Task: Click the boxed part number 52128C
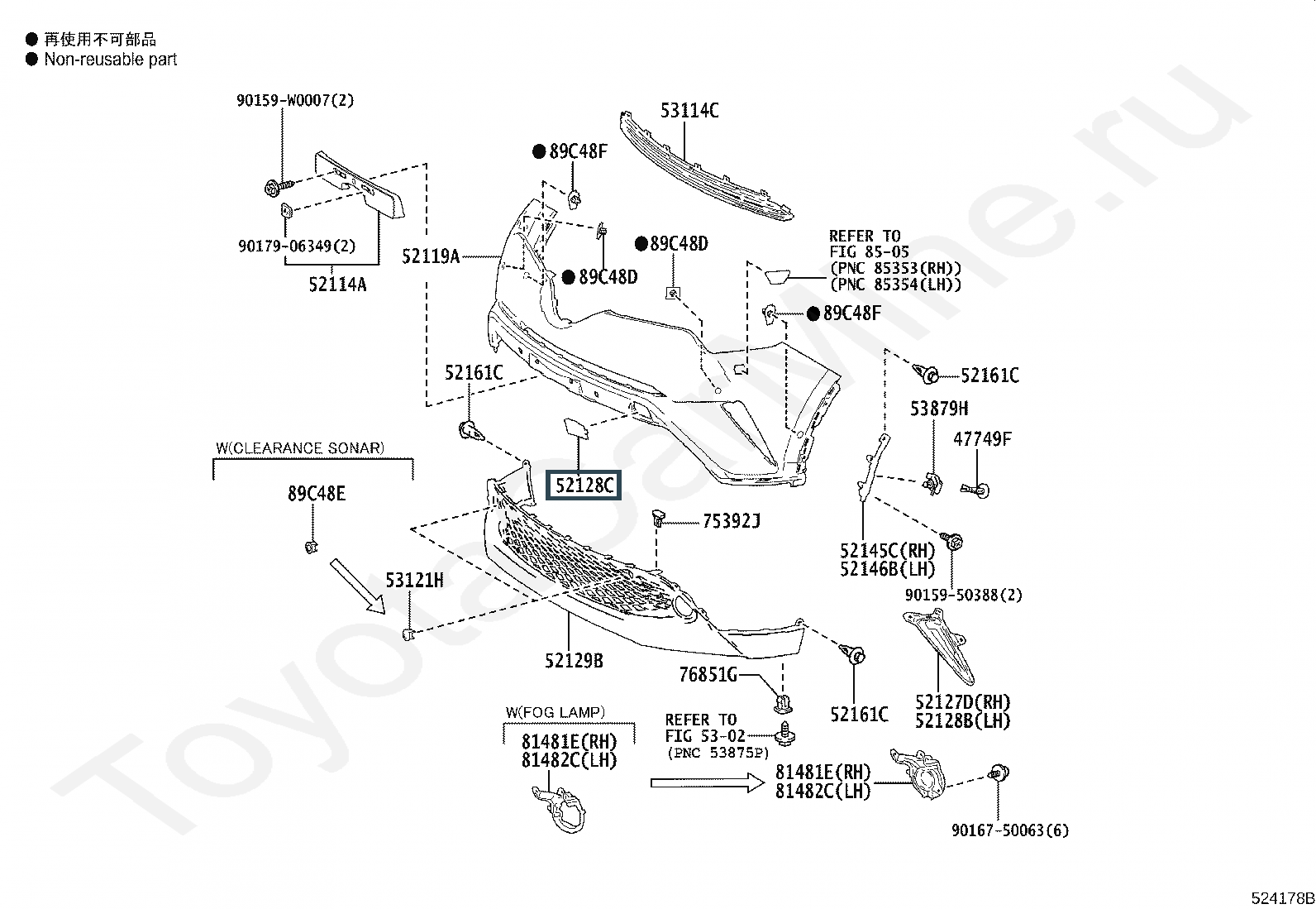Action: pyautogui.click(x=584, y=486)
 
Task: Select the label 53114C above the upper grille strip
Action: pyautogui.click(x=689, y=110)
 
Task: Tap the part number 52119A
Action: pyautogui.click(x=431, y=256)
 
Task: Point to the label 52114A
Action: pyautogui.click(x=337, y=285)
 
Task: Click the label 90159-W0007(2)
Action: pyautogui.click(x=295, y=100)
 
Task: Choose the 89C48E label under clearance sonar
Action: pyautogui.click(x=317, y=494)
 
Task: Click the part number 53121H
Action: pyautogui.click(x=414, y=581)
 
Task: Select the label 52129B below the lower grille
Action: pyautogui.click(x=574, y=660)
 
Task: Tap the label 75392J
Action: pyautogui.click(x=731, y=520)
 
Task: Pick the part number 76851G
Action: pyautogui.click(x=708, y=675)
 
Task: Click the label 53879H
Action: pyautogui.click(x=939, y=409)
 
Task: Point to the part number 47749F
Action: pyautogui.click(x=982, y=439)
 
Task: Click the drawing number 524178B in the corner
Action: pyautogui.click(x=1281, y=898)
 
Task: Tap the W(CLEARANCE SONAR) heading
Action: pyautogui.click(x=300, y=448)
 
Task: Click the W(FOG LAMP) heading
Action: pyautogui.click(x=555, y=712)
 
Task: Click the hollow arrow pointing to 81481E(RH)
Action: pyautogui.click(x=708, y=782)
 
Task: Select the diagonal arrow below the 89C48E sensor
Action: pyautogui.click(x=358, y=586)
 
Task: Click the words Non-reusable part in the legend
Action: pyautogui.click(x=111, y=60)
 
